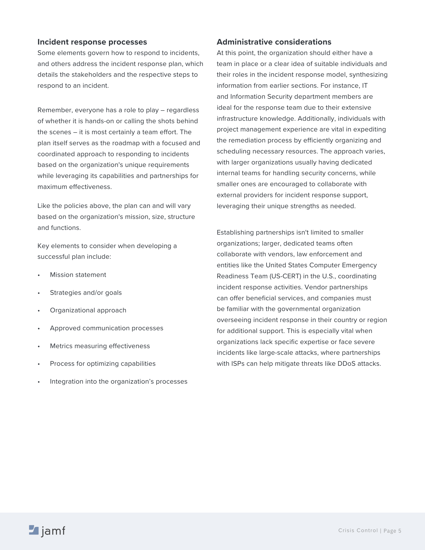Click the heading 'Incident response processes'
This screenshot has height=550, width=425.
coord(92,42)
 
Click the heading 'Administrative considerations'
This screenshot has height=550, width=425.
coord(274,42)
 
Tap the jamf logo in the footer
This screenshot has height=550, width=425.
coord(47,530)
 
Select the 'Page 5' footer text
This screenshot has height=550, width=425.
coord(392,531)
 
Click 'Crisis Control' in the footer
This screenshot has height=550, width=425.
coord(358,530)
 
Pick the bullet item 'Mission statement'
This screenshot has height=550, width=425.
coord(78,275)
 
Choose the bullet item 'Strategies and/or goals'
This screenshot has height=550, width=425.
coord(86,293)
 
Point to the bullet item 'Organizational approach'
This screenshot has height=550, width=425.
coord(88,310)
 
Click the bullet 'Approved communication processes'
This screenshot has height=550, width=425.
coord(106,328)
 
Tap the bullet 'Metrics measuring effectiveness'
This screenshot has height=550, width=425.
coord(100,346)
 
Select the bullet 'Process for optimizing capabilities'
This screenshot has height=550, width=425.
coord(103,364)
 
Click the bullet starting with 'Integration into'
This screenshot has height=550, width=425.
coord(119,382)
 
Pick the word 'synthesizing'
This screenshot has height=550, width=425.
coord(368,75)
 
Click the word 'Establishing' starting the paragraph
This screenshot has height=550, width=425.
coord(235,233)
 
